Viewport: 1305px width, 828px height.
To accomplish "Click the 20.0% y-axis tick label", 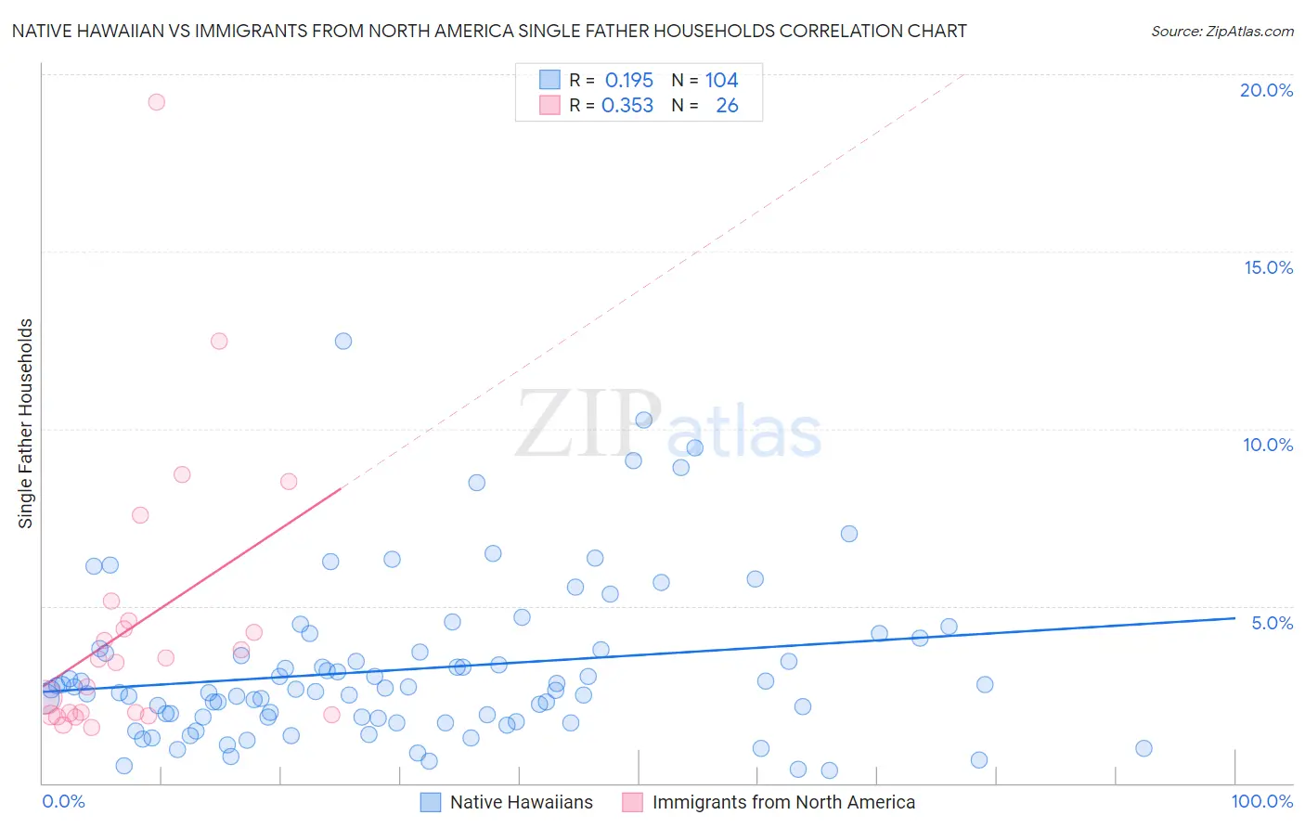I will (x=1266, y=90).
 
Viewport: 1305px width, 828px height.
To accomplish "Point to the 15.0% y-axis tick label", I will (x=1268, y=267).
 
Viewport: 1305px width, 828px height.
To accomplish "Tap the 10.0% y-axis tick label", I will (x=1268, y=445).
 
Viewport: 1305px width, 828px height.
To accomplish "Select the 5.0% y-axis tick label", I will (x=1272, y=623).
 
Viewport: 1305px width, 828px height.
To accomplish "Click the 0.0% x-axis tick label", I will (x=63, y=801).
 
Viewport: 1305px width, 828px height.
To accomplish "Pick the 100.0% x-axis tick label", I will (x=1261, y=801).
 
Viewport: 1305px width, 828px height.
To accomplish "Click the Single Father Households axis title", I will (x=25, y=423).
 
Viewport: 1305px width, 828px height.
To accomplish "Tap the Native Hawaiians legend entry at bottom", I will (x=521, y=802).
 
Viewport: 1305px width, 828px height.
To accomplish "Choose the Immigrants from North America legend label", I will (x=783, y=802).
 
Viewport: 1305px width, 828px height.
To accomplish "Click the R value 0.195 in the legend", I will (x=629, y=81).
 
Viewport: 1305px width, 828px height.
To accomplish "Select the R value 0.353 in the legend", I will (x=627, y=106).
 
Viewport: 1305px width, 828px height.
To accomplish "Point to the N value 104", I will (x=721, y=81).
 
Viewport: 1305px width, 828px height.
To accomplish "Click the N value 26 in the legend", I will (x=727, y=106).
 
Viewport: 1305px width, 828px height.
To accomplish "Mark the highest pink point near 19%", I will (x=156, y=102).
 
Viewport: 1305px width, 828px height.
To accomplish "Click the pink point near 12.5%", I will (x=219, y=341).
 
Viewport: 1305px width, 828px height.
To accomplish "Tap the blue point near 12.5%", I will (x=343, y=341).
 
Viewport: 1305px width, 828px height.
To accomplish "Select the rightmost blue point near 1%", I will (x=1143, y=748).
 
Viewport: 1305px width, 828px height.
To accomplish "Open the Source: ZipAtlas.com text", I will (x=1221, y=31).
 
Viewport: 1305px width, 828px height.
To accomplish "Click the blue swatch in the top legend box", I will (x=549, y=80).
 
